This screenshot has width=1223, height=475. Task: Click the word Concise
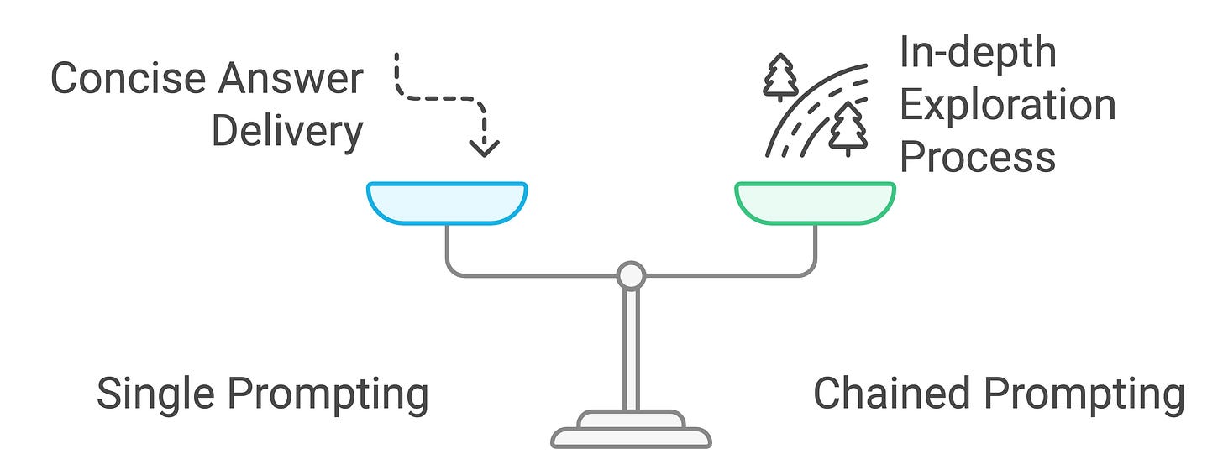(129, 80)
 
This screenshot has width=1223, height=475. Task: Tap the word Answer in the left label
(291, 80)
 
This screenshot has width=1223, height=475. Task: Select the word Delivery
(286, 132)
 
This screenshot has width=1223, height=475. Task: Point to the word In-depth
(977, 52)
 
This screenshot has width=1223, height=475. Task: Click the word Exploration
(1007, 105)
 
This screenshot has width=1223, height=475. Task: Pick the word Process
(977, 157)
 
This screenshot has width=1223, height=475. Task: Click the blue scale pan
(447, 202)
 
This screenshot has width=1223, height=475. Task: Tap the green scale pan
(815, 202)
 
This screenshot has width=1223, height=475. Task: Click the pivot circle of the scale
(631, 275)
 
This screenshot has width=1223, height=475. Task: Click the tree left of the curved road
(780, 77)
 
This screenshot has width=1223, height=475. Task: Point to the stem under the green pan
(815, 248)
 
